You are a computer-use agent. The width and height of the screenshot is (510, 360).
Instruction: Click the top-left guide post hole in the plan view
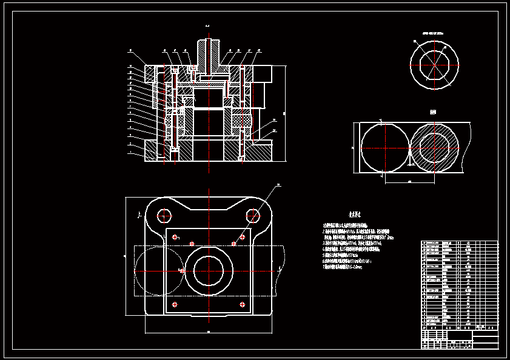[164, 214]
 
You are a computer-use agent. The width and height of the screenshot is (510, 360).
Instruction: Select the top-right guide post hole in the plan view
[253, 214]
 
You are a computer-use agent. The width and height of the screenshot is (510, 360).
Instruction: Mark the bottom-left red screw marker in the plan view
[175, 304]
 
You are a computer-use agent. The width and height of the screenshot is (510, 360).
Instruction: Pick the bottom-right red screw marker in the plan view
[243, 304]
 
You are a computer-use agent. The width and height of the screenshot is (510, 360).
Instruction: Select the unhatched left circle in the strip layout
[384, 148]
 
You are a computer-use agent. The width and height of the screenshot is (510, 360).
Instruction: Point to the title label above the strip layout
[433, 113]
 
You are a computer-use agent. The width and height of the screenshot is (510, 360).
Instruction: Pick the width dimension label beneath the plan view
[209, 332]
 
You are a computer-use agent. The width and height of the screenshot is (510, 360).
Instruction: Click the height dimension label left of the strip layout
[353, 147]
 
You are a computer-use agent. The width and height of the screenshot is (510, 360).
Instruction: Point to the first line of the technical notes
[348, 225]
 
